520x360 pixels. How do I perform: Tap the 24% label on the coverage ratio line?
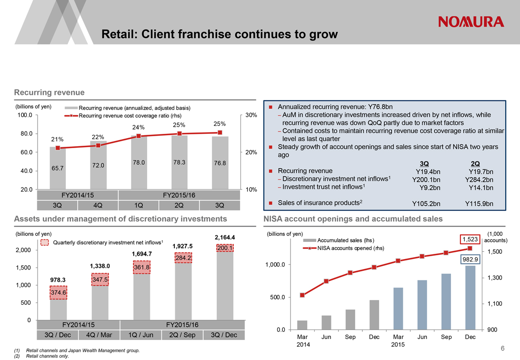pos(138,127)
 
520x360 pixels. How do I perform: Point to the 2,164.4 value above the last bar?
pos(225,237)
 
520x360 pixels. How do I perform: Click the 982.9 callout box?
pos(470,259)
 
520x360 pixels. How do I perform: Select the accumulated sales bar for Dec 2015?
pos(470,298)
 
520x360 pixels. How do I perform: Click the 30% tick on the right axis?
pos(251,115)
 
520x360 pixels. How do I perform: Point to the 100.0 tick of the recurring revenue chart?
pos(24,115)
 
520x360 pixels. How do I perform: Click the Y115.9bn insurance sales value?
pos(479,204)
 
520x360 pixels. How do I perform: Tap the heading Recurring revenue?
pos(50,92)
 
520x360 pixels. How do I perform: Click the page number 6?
pos(502,349)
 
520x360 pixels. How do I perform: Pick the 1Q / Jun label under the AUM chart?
pos(141,335)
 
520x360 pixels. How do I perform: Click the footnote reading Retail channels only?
pos(48,356)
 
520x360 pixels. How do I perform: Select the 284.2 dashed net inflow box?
pos(183,258)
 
